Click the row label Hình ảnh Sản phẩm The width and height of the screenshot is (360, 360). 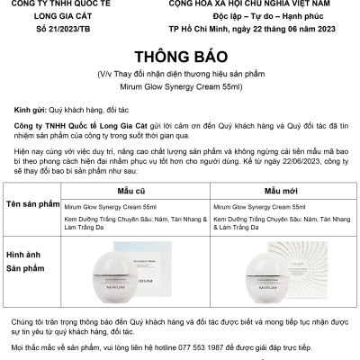[x=33, y=271]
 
